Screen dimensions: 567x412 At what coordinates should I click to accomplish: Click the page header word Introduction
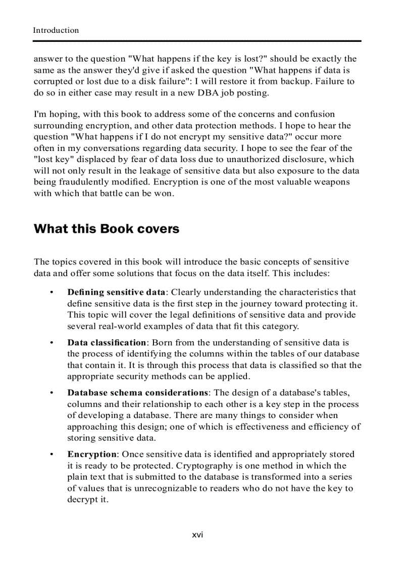(56, 30)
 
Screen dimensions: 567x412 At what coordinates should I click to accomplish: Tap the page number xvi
(197, 535)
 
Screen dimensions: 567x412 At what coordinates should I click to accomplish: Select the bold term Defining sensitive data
(116, 292)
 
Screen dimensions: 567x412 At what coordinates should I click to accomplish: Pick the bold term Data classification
(107, 343)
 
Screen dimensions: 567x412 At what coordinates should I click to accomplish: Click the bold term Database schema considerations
(138, 393)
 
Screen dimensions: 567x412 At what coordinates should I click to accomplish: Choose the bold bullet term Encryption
(91, 454)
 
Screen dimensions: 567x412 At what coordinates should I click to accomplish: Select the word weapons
(331, 182)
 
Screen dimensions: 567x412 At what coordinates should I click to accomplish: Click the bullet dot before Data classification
(51, 343)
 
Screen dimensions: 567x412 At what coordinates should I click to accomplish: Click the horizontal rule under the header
(197, 41)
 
